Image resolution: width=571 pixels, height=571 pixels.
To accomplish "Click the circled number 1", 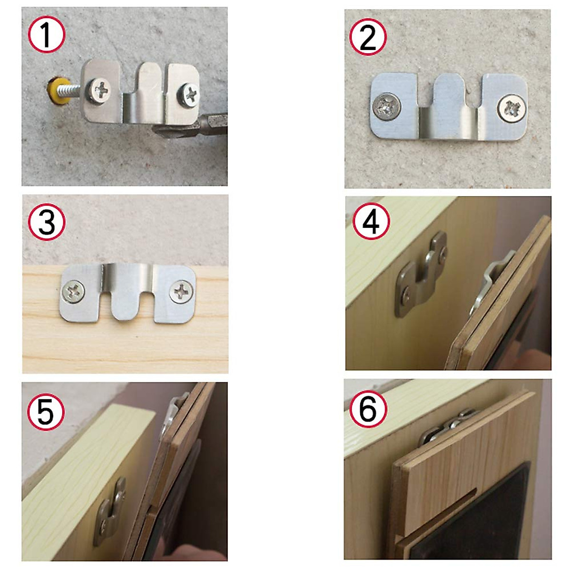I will (x=46, y=35).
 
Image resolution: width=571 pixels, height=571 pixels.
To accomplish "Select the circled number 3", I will (x=46, y=222).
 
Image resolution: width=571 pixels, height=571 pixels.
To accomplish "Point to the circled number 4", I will (x=371, y=222).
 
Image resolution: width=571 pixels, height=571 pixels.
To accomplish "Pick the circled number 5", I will (x=45, y=411).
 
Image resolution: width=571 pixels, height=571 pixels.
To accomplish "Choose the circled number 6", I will (x=368, y=408).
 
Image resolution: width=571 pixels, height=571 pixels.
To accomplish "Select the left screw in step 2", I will (x=386, y=106).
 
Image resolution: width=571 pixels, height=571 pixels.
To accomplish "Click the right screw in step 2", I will (x=512, y=108).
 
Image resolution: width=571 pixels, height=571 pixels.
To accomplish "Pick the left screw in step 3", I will (x=74, y=291).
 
